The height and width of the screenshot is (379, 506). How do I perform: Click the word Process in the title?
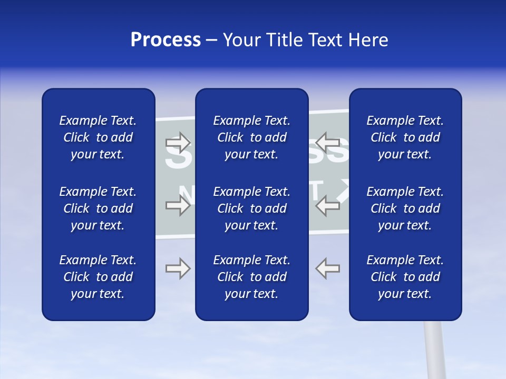click(x=166, y=40)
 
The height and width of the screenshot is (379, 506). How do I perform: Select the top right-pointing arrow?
click(x=178, y=143)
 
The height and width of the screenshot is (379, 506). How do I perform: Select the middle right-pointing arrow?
click(x=178, y=205)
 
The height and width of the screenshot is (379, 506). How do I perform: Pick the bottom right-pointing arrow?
click(x=178, y=268)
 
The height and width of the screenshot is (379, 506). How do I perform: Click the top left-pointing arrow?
click(x=327, y=143)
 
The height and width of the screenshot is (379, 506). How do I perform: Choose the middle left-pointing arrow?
click(x=327, y=205)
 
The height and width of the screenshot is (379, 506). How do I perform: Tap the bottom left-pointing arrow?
click(x=327, y=268)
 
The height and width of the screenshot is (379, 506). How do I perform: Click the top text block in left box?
click(x=98, y=137)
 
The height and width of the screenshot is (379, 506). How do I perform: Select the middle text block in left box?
click(x=98, y=208)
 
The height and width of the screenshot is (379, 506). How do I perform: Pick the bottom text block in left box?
click(x=98, y=277)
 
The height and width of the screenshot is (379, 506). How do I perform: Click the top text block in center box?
click(x=251, y=137)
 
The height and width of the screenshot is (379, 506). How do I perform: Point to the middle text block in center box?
click(x=251, y=208)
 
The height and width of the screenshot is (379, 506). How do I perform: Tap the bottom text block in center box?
click(x=251, y=277)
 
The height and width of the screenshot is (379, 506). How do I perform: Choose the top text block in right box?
click(x=405, y=137)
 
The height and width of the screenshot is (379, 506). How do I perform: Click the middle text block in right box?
click(x=405, y=208)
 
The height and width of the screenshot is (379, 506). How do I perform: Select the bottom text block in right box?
click(x=405, y=277)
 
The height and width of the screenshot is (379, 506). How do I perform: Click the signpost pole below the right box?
click(x=435, y=350)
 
